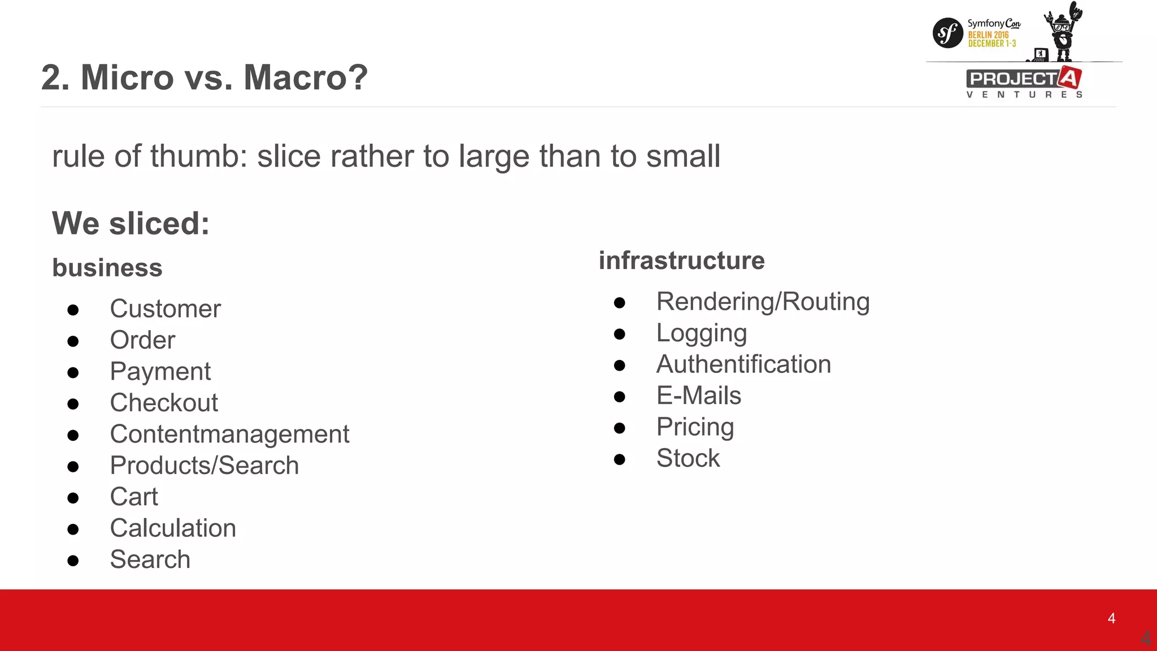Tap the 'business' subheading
(107, 268)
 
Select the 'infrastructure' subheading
(681, 261)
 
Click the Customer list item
(165, 309)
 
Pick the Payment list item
(160, 372)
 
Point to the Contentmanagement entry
(229, 435)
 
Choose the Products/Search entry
(204, 466)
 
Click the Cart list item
(134, 497)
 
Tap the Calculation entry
(173, 528)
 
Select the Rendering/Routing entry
(763, 302)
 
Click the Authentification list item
(743, 364)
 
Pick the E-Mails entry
(698, 396)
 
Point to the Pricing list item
(695, 427)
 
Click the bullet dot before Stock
(619, 459)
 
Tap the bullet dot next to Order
(73, 341)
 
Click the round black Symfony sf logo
(947, 33)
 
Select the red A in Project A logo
(1069, 78)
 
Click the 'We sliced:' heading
(131, 223)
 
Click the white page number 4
(1111, 618)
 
